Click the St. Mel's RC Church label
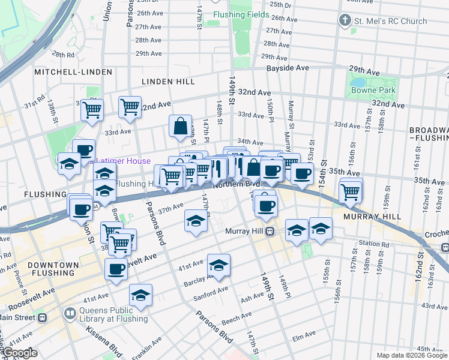(391, 21)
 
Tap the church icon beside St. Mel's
(345, 21)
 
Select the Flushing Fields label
(241, 14)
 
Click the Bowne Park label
(373, 90)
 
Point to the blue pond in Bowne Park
(358, 82)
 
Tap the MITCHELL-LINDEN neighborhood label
(73, 72)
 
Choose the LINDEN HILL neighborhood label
(164, 81)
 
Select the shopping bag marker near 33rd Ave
(181, 126)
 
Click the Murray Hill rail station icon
(270, 231)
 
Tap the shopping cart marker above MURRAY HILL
(351, 192)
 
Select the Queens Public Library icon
(70, 313)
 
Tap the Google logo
(19, 353)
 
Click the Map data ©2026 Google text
(411, 355)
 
